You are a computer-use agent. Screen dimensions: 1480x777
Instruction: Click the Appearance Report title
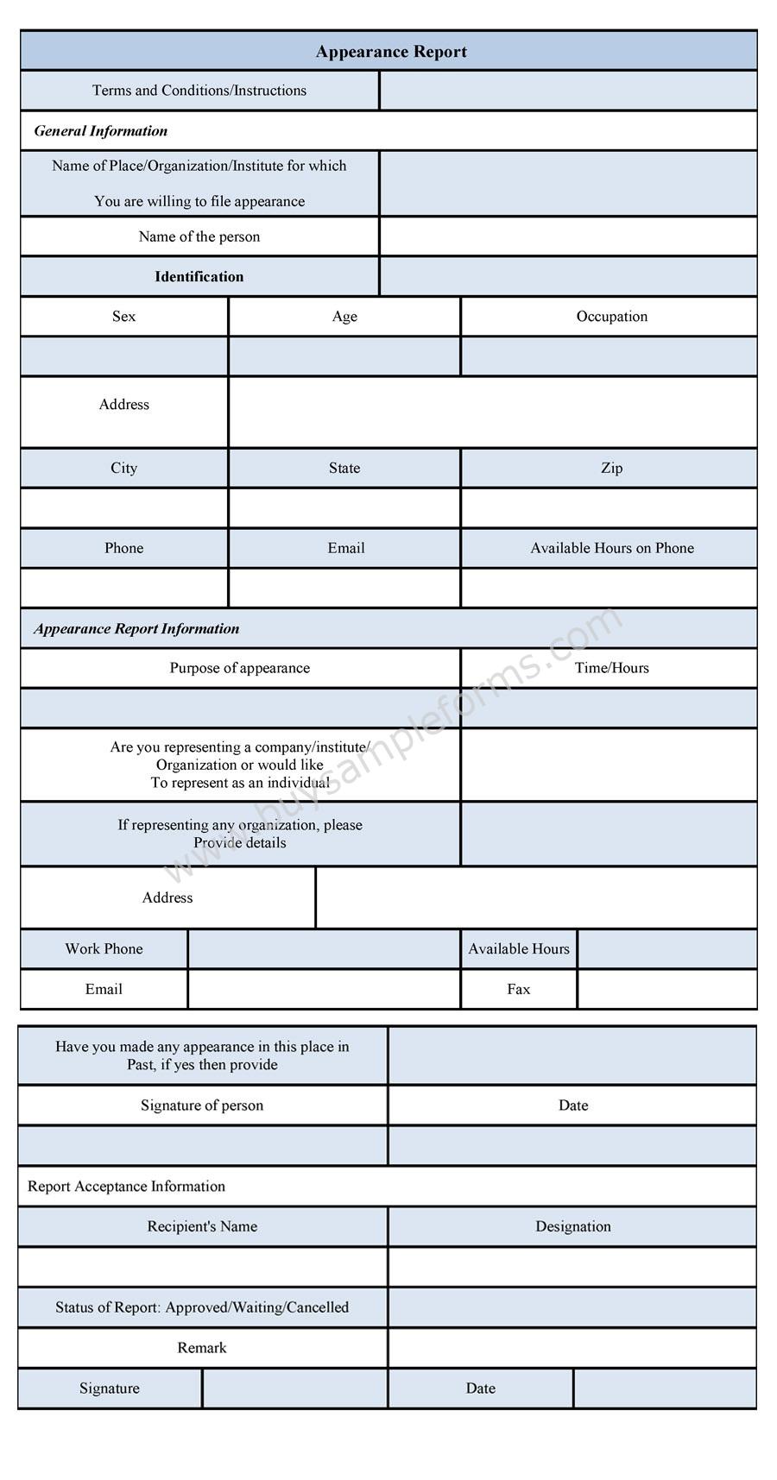coord(391,52)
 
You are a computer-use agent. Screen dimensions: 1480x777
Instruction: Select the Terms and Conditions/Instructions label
coord(199,91)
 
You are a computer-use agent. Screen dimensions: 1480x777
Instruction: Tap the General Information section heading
coord(101,131)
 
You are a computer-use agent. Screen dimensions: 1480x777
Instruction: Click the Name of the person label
coord(199,236)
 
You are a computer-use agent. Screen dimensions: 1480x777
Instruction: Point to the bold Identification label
coord(199,277)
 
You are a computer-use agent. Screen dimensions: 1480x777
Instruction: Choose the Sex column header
coord(124,317)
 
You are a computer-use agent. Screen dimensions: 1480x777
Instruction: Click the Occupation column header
coord(611,317)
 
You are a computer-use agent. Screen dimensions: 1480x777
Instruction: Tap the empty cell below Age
coord(344,356)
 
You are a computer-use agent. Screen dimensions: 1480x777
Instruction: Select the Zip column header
coord(611,468)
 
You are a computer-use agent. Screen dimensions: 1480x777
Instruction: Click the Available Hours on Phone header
coord(611,548)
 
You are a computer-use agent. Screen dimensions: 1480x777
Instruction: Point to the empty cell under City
coord(124,508)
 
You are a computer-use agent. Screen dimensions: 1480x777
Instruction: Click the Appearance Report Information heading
coord(136,629)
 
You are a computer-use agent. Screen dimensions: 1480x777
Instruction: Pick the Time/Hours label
coord(611,668)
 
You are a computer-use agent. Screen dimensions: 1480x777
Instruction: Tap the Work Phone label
coord(104,949)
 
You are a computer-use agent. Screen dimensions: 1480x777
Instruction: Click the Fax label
coord(518,990)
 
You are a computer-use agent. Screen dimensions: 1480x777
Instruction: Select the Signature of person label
coord(202,1105)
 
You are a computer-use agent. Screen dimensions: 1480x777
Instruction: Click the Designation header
coord(572,1227)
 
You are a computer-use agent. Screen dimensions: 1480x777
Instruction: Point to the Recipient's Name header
coord(202,1227)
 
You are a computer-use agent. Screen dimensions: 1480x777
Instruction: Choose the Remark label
coord(202,1348)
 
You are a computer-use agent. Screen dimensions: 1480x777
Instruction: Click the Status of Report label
coord(202,1307)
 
